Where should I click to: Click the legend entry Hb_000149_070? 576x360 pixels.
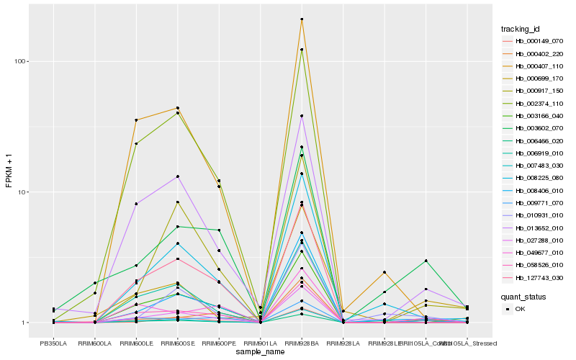[534, 42]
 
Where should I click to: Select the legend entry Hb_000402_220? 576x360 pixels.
[534, 54]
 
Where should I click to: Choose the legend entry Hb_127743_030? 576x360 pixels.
[534, 277]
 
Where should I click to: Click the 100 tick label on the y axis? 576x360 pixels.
[20, 61]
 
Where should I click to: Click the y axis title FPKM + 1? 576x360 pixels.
[9, 170]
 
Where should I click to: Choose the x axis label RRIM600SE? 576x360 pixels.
[177, 343]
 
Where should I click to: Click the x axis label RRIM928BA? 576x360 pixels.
[302, 343]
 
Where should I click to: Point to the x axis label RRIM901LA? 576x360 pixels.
[260, 343]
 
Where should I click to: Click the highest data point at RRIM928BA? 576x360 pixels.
[302, 19]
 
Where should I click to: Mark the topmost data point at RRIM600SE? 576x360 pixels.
[177, 108]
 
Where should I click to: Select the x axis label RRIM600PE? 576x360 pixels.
[219, 343]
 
